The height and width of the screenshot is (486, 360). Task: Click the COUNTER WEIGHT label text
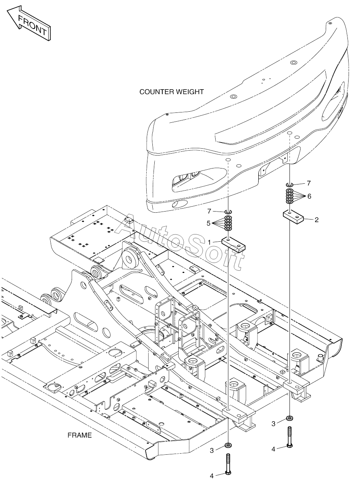click(x=171, y=92)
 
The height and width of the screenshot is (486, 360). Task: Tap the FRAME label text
click(x=80, y=435)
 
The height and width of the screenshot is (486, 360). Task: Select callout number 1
click(x=210, y=242)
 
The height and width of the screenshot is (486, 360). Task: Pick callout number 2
click(x=317, y=220)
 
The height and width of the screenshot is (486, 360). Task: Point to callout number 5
click(x=208, y=223)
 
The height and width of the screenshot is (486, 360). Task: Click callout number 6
click(x=309, y=196)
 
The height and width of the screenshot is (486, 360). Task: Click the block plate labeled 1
click(x=234, y=245)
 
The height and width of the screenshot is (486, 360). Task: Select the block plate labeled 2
click(x=293, y=217)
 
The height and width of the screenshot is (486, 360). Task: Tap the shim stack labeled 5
click(x=228, y=223)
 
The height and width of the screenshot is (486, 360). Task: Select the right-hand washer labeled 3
click(x=290, y=418)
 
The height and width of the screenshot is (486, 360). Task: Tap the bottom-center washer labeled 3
click(x=229, y=446)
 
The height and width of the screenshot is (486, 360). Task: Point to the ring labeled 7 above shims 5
click(x=228, y=212)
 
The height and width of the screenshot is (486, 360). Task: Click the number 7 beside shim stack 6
click(x=309, y=183)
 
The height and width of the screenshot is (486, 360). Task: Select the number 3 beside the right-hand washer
click(x=273, y=424)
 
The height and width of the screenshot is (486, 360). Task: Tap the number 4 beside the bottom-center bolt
click(x=211, y=476)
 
